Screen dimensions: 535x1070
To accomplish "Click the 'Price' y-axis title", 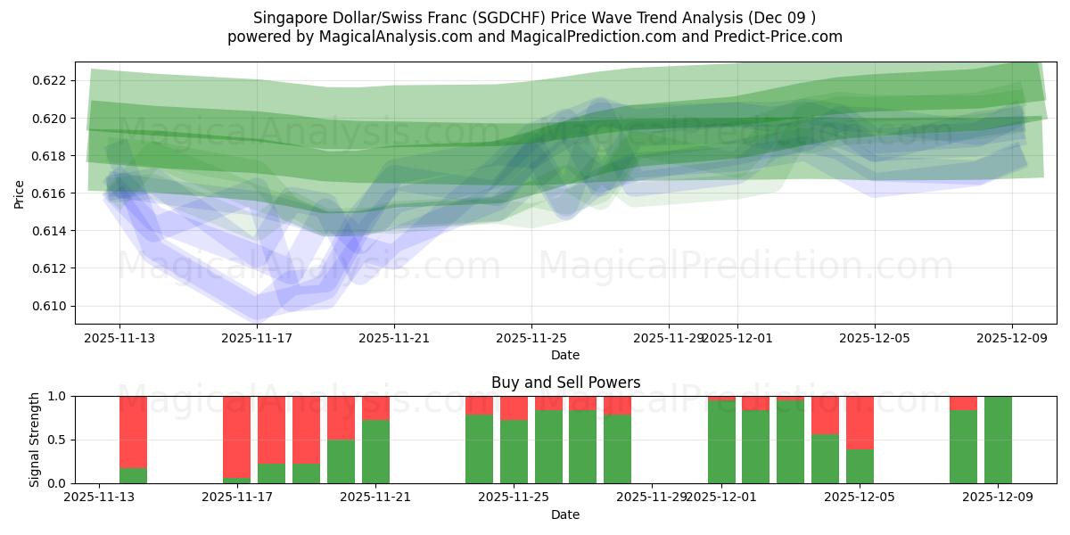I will click(x=20, y=193).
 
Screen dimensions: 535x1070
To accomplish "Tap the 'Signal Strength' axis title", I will click(x=34, y=440).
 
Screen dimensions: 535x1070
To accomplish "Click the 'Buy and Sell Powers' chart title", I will click(x=565, y=383).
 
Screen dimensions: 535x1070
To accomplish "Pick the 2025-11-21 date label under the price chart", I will click(x=394, y=338).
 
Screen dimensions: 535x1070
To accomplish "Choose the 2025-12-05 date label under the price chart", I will click(x=875, y=338).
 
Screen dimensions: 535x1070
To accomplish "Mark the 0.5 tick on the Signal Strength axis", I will click(x=56, y=440).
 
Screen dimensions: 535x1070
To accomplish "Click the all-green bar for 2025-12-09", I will click(x=998, y=440).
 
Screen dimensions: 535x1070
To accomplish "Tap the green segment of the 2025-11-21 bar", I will click(x=375, y=451).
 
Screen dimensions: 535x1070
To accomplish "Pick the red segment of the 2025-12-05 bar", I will click(x=860, y=423).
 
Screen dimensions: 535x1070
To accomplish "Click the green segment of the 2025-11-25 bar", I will click(x=514, y=451).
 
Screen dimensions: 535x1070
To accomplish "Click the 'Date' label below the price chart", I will click(x=565, y=355).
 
